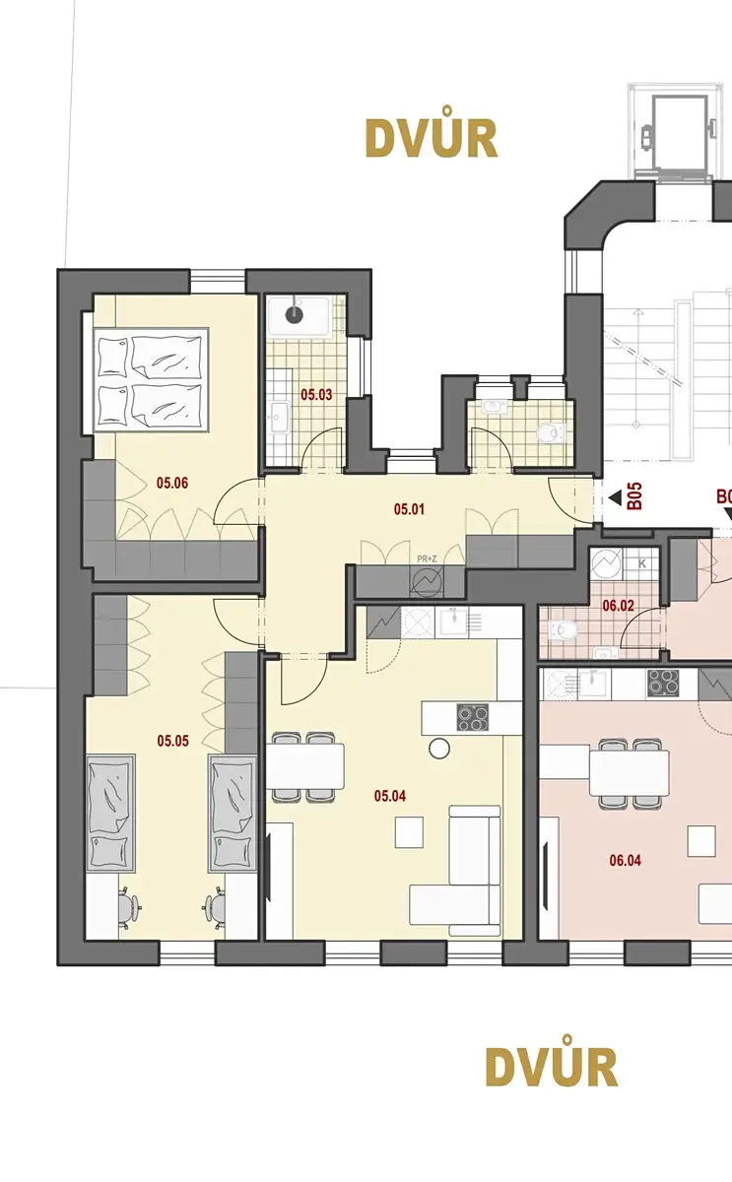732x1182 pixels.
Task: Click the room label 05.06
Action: coord(172,483)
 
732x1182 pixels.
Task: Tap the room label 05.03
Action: coord(316,395)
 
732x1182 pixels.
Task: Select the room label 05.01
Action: coord(409,509)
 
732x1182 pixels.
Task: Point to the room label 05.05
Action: coord(172,741)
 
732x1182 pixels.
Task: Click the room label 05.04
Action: coord(390,796)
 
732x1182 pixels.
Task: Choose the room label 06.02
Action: coord(618,606)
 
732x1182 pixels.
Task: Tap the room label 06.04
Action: coord(625,861)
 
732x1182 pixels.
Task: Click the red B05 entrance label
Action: coord(635,496)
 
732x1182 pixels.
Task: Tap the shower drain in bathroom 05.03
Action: coord(294,315)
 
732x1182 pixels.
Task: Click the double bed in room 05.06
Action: coord(151,380)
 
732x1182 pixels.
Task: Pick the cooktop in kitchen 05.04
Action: coord(472,718)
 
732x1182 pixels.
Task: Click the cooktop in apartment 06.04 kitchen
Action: coord(663,682)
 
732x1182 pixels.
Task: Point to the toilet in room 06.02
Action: coord(564,629)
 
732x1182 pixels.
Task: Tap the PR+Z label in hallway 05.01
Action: coord(427,558)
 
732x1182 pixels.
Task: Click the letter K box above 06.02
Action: coord(641,563)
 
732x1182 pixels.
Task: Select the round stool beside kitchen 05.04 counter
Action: coord(439,749)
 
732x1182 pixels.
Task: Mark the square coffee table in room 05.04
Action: coord(409,832)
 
